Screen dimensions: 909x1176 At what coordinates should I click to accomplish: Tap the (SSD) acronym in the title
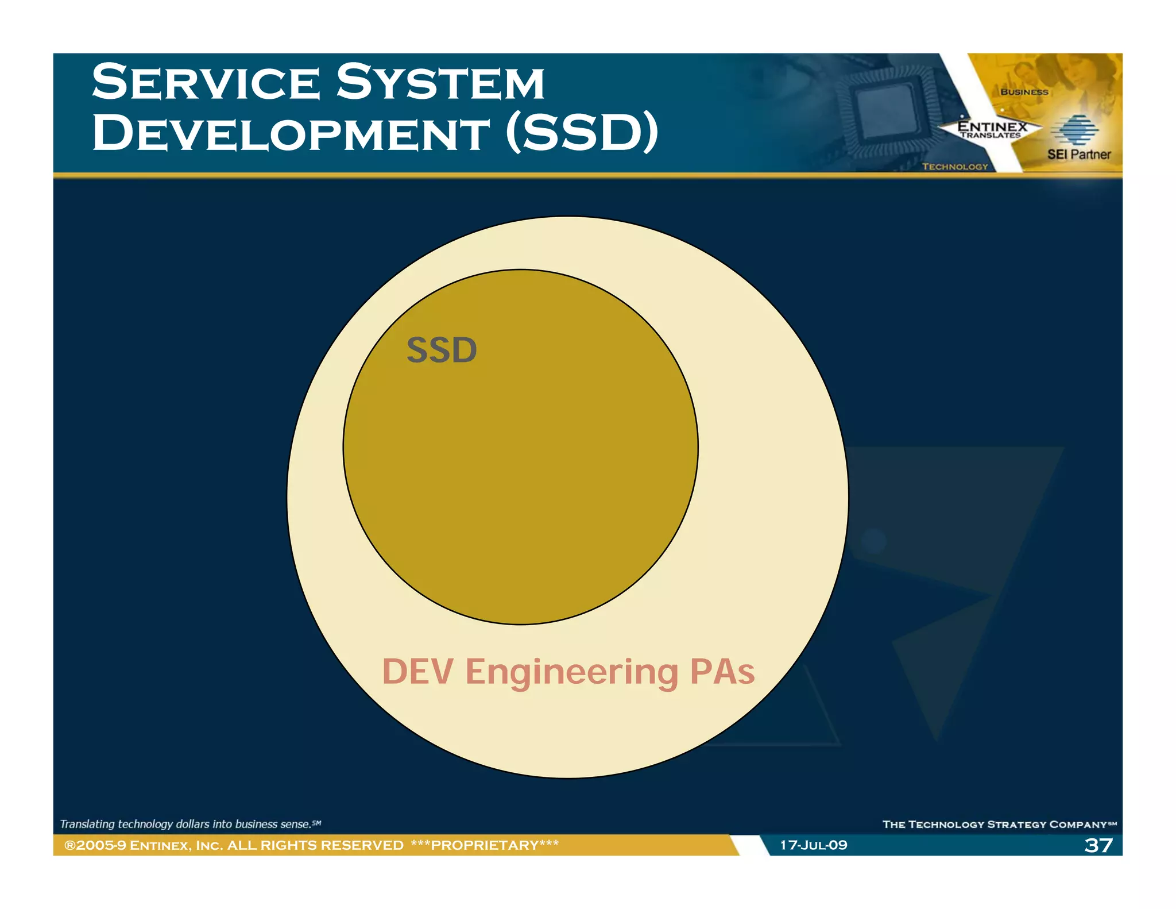click(x=582, y=133)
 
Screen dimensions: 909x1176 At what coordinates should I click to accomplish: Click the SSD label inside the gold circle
click(x=442, y=350)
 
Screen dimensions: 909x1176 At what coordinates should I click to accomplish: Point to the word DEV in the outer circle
click(x=417, y=672)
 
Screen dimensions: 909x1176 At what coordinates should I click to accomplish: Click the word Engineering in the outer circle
click(x=572, y=673)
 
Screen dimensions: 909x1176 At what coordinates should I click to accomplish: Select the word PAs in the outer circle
click(x=722, y=672)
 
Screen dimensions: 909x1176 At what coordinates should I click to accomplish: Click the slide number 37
click(x=1098, y=845)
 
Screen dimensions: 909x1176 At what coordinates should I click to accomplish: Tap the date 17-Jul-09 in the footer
click(x=813, y=845)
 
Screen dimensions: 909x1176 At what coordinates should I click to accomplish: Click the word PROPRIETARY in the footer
click(x=485, y=845)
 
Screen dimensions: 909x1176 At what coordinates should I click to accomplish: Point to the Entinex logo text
click(x=992, y=127)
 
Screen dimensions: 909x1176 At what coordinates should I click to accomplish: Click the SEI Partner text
click(x=1078, y=155)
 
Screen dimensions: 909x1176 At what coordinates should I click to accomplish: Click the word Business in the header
click(x=1024, y=92)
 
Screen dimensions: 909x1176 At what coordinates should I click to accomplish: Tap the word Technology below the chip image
click(x=955, y=167)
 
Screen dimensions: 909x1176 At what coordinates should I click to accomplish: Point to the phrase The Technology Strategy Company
click(x=999, y=825)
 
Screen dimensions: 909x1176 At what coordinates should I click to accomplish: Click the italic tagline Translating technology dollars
click(x=189, y=824)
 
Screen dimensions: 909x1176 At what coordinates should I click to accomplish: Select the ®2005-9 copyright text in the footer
click(x=95, y=845)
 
